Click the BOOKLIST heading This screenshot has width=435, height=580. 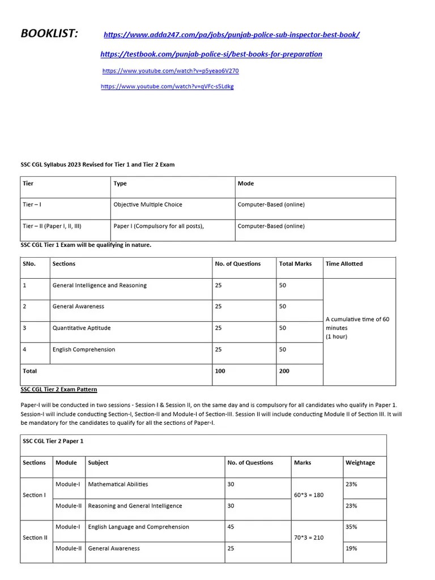pyautogui.click(x=49, y=33)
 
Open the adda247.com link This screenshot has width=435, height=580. pyautogui.click(x=231, y=35)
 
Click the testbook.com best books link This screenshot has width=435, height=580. pyautogui.click(x=211, y=54)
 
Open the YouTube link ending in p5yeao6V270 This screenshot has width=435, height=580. pyautogui.click(x=170, y=71)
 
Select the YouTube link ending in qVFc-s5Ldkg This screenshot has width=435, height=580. pyautogui.click(x=167, y=87)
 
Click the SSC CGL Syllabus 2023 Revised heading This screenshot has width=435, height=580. pyautogui.click(x=97, y=165)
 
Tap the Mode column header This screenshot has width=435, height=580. pyautogui.click(x=246, y=184)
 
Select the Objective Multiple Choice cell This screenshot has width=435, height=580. pyautogui.click(x=148, y=204)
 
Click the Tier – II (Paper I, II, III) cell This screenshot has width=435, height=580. pyautogui.click(x=52, y=226)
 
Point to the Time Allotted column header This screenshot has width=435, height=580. pyautogui.click(x=344, y=264)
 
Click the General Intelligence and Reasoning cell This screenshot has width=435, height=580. pyautogui.click(x=99, y=285)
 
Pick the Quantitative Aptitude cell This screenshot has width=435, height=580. pyautogui.click(x=82, y=328)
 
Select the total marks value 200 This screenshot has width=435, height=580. pyautogui.click(x=284, y=371)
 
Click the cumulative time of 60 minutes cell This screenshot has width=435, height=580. pyautogui.click(x=358, y=328)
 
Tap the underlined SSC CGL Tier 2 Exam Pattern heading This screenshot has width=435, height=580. pyautogui.click(x=59, y=390)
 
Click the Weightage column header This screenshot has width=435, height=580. pyautogui.click(x=360, y=463)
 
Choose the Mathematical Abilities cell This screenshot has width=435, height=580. pyautogui.click(x=118, y=484)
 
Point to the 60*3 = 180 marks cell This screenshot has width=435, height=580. pyautogui.click(x=309, y=495)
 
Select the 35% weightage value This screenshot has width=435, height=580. pyautogui.click(x=351, y=527)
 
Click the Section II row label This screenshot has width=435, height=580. pyautogui.click(x=35, y=538)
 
